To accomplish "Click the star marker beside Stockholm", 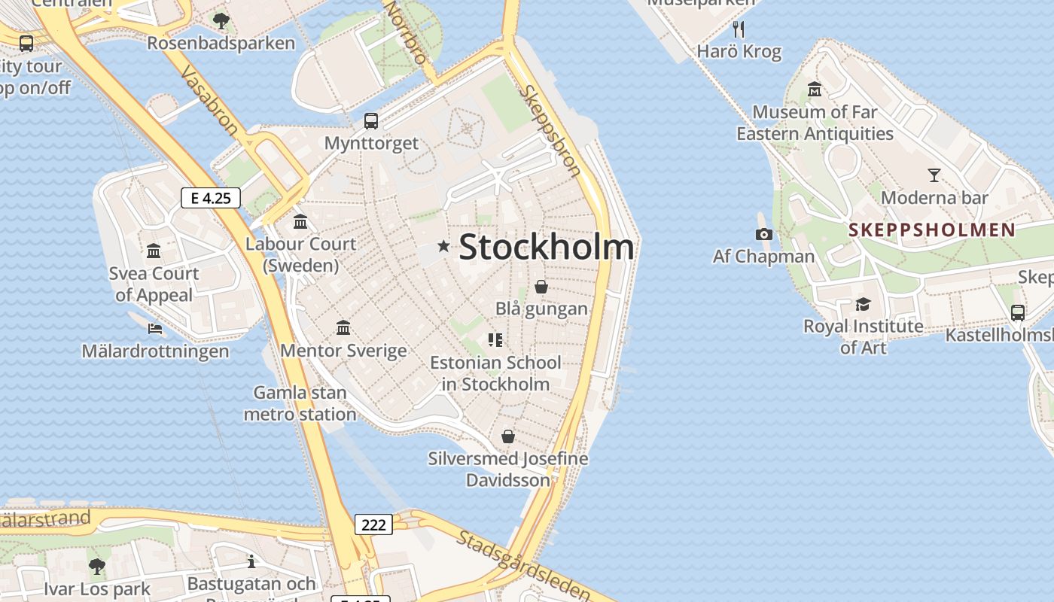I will [x=443, y=246].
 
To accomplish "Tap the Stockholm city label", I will [x=546, y=247].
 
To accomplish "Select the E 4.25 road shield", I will [x=211, y=198].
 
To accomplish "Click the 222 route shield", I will [x=373, y=524].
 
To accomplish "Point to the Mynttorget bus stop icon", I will [x=371, y=120].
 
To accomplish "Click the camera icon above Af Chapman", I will [x=763, y=234].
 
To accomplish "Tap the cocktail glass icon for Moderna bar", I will [x=934, y=175].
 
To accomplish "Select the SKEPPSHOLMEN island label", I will [x=932, y=230].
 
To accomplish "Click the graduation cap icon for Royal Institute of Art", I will [x=863, y=304].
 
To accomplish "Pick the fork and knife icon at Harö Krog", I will [x=739, y=29].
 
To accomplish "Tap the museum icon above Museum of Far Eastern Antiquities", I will [x=815, y=90].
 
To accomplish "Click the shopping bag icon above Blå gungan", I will [x=541, y=287].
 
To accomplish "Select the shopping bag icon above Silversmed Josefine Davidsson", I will [x=508, y=436].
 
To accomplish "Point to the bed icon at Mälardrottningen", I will [x=155, y=329].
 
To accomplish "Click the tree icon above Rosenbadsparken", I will [x=221, y=20].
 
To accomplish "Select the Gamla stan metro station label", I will [x=300, y=403].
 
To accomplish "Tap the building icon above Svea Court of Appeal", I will [x=154, y=251].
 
